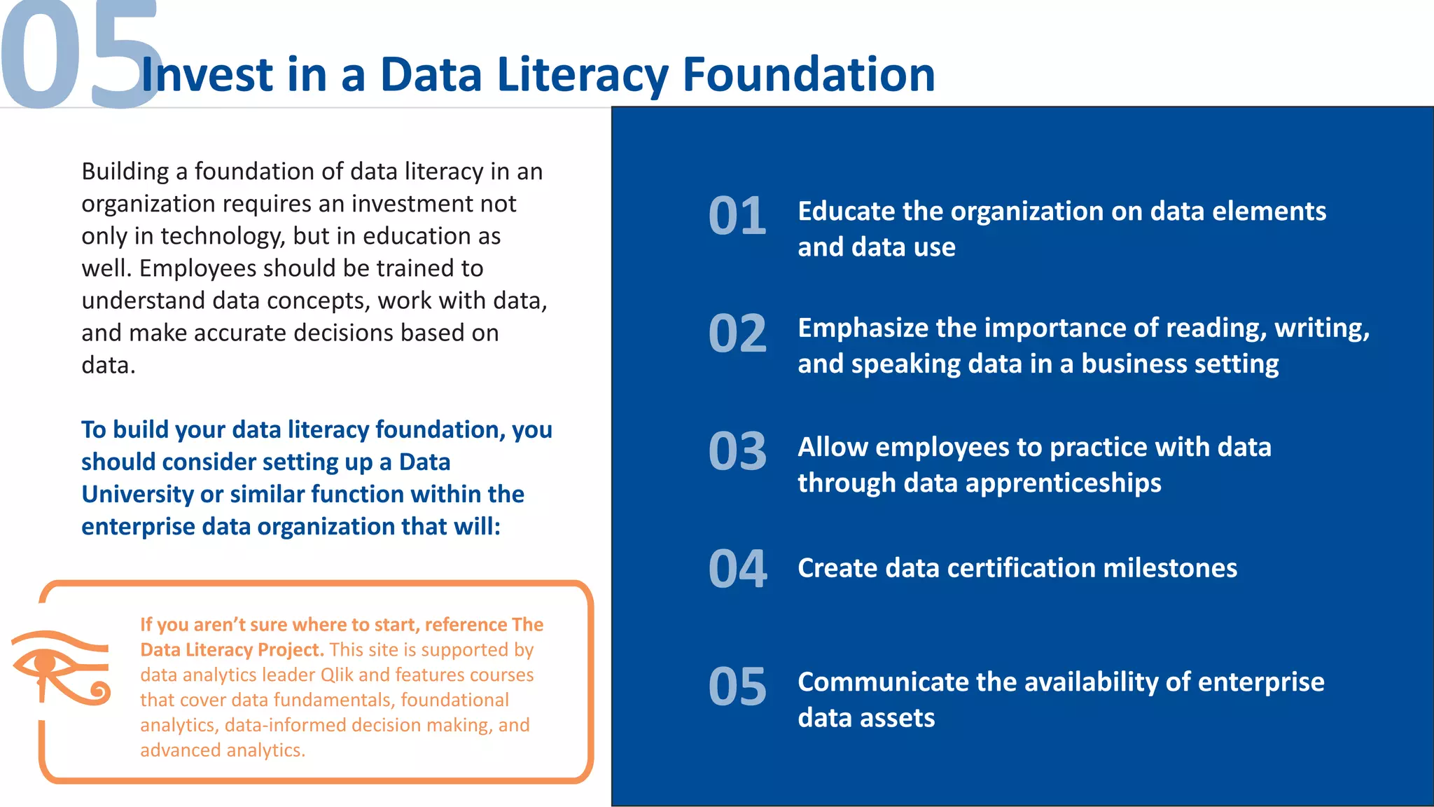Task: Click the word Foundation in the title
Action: (808, 74)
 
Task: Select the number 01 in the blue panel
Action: (737, 216)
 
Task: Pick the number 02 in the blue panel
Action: (737, 333)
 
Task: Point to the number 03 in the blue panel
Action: (737, 451)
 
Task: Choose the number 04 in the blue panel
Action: (737, 569)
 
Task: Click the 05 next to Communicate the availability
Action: (737, 687)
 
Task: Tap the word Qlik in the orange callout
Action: (337, 675)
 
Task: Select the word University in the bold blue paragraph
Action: (137, 495)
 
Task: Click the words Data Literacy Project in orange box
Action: (231, 650)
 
